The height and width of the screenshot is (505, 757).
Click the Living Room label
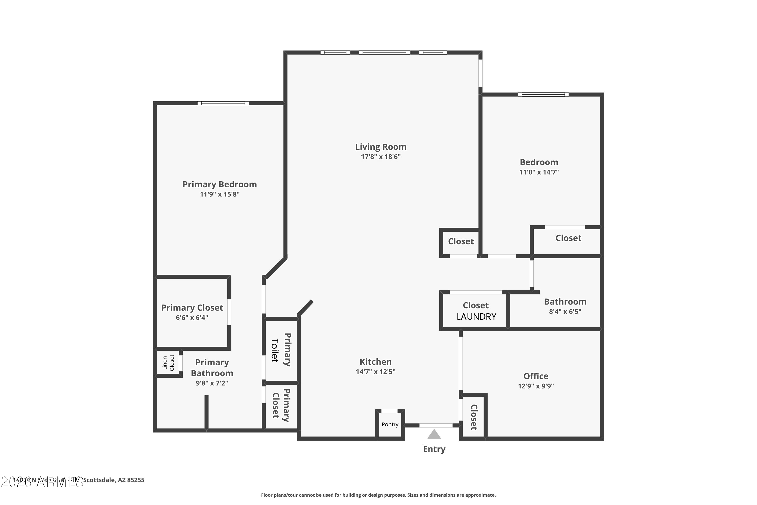coord(381,147)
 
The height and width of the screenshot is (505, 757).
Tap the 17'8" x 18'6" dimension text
coord(381,157)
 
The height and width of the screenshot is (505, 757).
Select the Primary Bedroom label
coord(220,184)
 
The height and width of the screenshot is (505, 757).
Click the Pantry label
coord(390,424)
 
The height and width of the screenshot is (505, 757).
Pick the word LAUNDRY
coord(476,317)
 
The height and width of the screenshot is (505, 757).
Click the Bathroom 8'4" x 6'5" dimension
coord(565,311)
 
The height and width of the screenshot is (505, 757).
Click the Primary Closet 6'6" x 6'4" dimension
coord(192,318)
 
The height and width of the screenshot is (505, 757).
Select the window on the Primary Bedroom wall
coord(223,103)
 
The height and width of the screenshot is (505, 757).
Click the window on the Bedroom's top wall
coord(543,95)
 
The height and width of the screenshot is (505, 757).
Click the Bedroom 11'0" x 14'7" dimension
coord(539,172)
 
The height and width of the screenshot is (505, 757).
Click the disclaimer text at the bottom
coord(378,495)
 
